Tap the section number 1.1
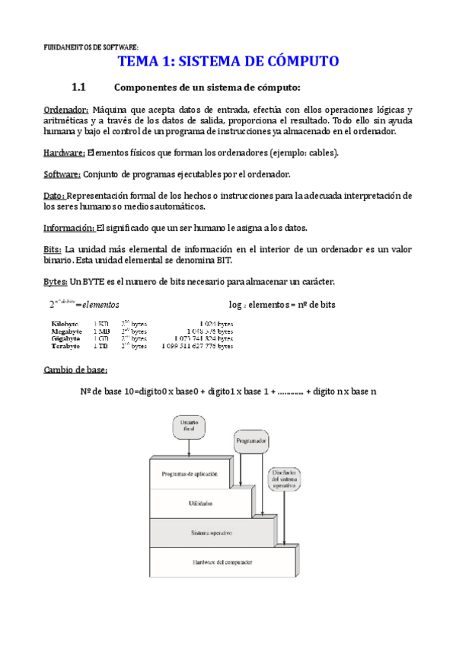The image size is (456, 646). pyautogui.click(x=81, y=87)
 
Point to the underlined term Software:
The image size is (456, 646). pyautogui.click(x=61, y=174)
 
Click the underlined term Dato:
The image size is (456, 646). pyautogui.click(x=54, y=196)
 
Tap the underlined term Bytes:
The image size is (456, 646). pyautogui.click(x=56, y=282)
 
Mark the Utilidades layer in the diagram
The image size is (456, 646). pyautogui.click(x=200, y=504)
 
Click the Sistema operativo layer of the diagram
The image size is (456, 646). pyautogui.click(x=211, y=532)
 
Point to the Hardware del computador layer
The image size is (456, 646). pyautogui.click(x=222, y=562)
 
